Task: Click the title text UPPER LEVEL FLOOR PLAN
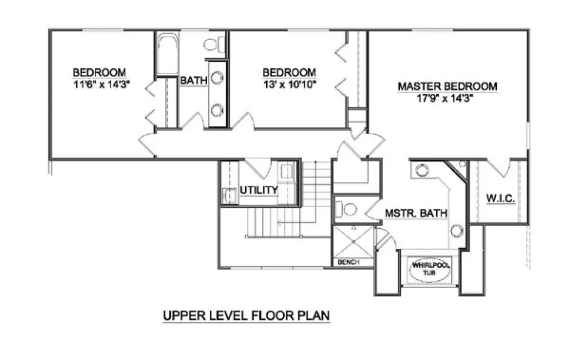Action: tap(247, 316)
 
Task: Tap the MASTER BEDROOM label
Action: tap(447, 87)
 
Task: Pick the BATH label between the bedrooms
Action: tap(194, 81)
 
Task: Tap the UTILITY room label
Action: tap(259, 190)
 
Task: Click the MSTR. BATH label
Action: tap(416, 213)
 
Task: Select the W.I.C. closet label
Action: tap(500, 200)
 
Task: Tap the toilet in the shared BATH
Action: tap(212, 43)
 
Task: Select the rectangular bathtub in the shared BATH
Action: tap(168, 54)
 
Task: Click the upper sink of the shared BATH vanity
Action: tap(217, 78)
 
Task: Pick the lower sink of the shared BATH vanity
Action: tap(217, 110)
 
